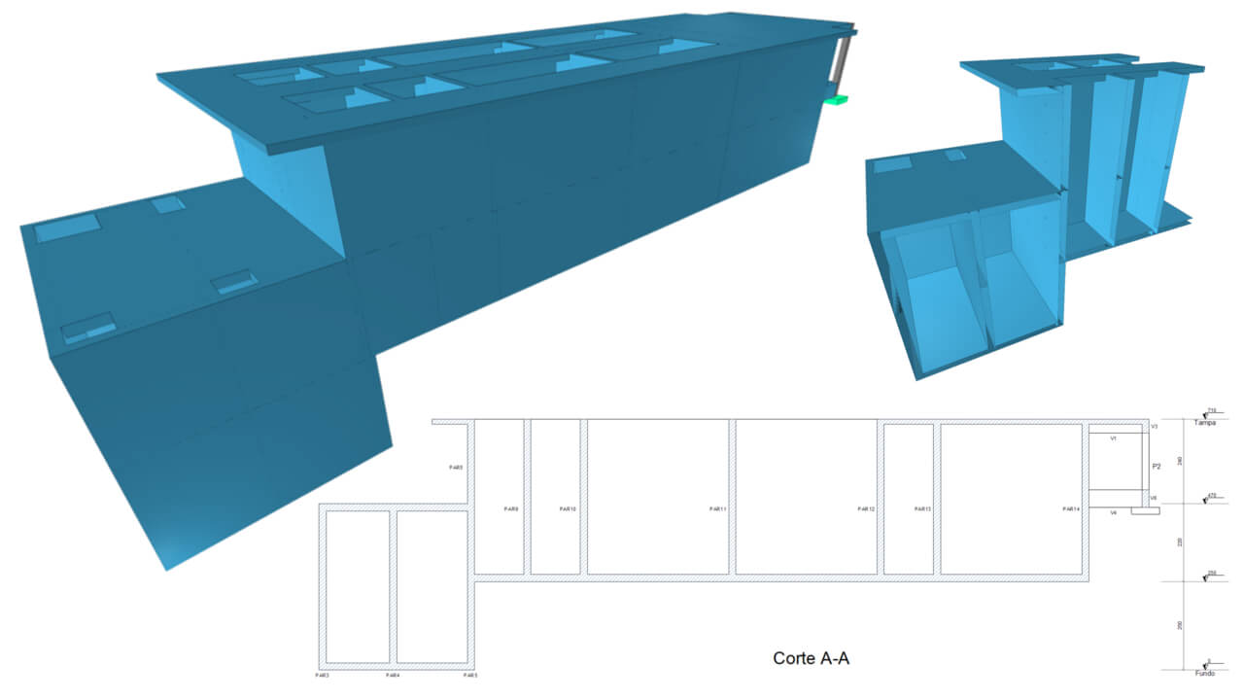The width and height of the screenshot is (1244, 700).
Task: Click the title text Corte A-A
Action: click(812, 658)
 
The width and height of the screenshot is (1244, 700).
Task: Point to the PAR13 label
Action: click(922, 509)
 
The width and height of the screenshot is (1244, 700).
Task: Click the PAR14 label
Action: click(1071, 509)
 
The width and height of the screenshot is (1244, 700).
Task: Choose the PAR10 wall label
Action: click(569, 509)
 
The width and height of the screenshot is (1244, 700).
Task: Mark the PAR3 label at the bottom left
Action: click(322, 674)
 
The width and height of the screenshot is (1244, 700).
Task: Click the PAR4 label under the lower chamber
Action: click(393, 674)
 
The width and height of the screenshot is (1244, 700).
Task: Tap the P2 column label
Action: click(1157, 467)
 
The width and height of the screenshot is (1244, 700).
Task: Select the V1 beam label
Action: click(1114, 438)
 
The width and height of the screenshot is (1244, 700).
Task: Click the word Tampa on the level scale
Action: click(1205, 423)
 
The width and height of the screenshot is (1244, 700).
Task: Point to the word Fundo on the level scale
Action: click(1204, 673)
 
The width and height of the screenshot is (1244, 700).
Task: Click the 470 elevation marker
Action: click(1212, 496)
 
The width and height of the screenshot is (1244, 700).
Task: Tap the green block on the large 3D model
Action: click(836, 98)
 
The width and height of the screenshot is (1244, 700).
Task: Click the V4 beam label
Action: click(1114, 512)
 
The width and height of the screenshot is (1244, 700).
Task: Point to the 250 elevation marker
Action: click(1212, 574)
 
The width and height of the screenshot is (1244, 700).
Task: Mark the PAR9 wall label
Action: click(512, 509)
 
